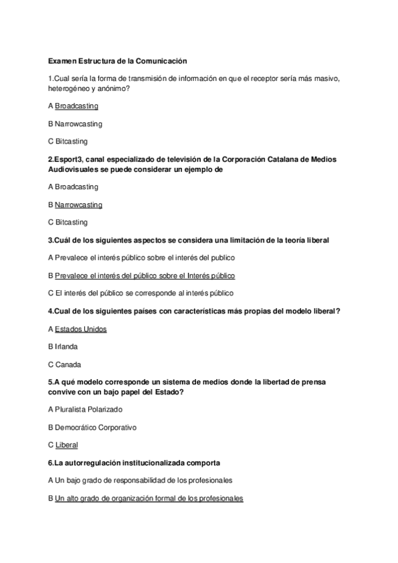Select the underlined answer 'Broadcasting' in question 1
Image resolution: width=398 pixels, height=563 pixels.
coord(76,106)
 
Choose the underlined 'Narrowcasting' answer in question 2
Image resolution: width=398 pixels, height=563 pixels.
coord(78,205)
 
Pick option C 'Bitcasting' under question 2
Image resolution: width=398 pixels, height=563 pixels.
coord(71,222)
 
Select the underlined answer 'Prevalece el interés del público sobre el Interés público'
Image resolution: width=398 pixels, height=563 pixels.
coord(145,275)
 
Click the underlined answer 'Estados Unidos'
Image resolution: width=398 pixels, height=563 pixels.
coord(80,329)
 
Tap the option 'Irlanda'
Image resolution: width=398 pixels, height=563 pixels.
coord(66,347)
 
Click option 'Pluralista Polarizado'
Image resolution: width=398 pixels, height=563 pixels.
coord(89,409)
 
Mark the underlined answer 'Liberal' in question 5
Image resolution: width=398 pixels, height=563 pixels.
coord(66,445)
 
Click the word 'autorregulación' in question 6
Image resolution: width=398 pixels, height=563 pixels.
coord(93,462)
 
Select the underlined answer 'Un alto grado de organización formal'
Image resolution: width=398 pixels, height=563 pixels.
coord(149,498)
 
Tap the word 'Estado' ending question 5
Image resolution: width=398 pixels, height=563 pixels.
coord(169,392)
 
